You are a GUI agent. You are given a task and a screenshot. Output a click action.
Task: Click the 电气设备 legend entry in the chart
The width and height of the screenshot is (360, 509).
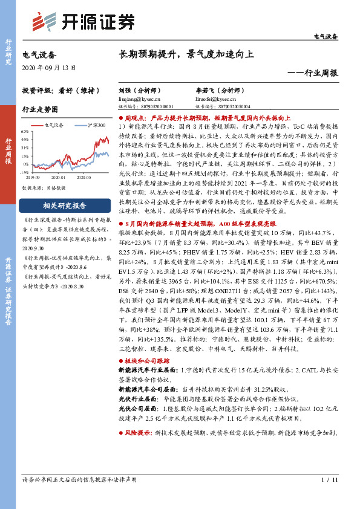click(x=55, y=125)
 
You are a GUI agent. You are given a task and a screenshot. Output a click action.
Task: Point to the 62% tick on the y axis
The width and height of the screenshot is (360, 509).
click(x=25, y=131)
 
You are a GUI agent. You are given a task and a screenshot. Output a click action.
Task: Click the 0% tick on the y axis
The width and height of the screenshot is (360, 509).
click(x=26, y=164)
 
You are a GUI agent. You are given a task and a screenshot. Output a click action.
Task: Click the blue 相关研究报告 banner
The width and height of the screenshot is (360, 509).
click(x=60, y=205)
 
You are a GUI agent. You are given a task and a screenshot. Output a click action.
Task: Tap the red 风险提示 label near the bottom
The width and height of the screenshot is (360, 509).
click(x=139, y=451)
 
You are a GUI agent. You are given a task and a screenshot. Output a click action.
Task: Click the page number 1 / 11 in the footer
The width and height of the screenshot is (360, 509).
click(x=327, y=479)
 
